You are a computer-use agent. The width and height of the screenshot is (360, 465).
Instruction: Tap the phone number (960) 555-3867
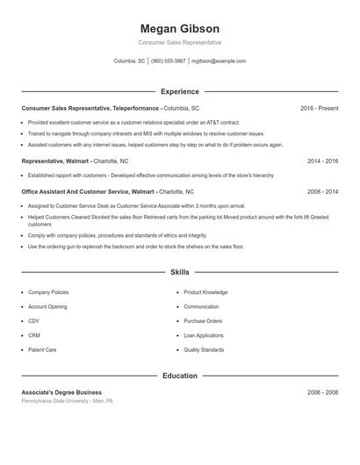(169, 61)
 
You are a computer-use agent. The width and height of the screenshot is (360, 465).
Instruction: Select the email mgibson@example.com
(219, 61)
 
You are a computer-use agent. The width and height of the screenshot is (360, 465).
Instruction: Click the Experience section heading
(179, 91)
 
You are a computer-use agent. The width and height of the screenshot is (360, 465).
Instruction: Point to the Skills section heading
(179, 273)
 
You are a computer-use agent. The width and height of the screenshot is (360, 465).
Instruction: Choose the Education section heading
(179, 376)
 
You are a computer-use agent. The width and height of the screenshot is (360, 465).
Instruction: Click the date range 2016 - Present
(319, 108)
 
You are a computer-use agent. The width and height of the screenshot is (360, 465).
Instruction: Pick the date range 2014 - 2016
(322, 161)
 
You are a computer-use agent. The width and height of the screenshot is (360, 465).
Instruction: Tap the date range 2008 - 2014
(322, 191)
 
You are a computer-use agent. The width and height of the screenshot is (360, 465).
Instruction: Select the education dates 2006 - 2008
(322, 392)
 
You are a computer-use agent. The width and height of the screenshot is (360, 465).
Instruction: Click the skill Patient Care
(42, 350)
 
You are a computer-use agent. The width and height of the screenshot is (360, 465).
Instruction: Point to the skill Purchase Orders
(203, 321)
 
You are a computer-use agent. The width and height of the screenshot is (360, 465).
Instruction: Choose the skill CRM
(34, 335)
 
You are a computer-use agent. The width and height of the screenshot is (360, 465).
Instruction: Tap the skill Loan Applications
(204, 335)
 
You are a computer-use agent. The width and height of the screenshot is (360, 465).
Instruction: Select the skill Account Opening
(47, 306)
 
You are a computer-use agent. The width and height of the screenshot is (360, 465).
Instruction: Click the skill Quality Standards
(204, 350)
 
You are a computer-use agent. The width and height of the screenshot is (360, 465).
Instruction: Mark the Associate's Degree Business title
(61, 392)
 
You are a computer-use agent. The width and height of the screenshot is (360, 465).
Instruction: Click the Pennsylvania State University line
(68, 401)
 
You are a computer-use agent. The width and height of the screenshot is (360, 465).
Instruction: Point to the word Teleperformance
(135, 108)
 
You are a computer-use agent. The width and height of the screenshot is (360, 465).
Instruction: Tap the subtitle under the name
(179, 42)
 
